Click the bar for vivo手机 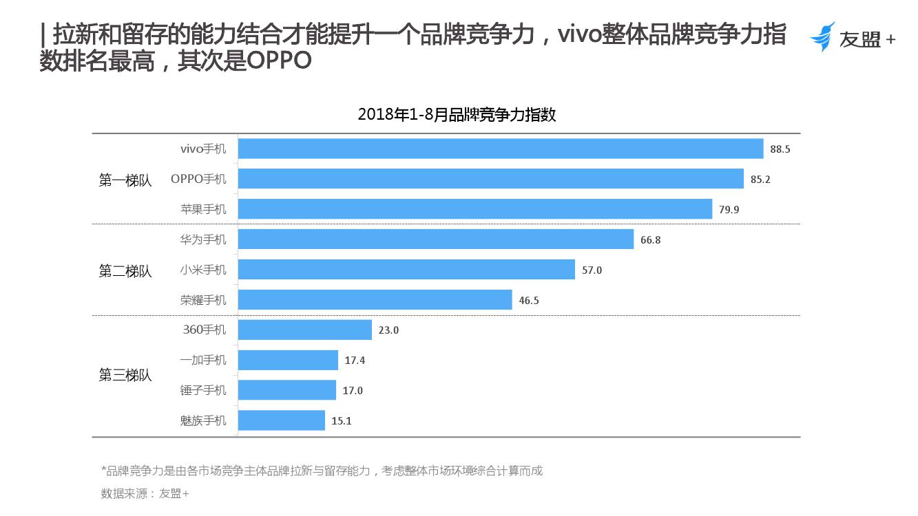click(x=501, y=149)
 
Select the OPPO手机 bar click(x=491, y=179)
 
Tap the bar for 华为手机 click(x=436, y=239)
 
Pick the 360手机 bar click(x=305, y=330)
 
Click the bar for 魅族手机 click(x=282, y=420)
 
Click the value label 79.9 click(x=729, y=209)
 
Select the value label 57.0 click(x=592, y=270)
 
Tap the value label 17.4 click(x=355, y=360)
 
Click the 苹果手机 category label click(x=203, y=209)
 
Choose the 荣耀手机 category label click(x=203, y=300)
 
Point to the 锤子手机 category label click(x=203, y=390)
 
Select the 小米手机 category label click(x=203, y=270)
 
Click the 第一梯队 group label click(x=125, y=180)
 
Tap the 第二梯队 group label click(x=125, y=271)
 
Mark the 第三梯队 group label click(x=125, y=376)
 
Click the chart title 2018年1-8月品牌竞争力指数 click(x=457, y=115)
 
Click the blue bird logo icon click(x=822, y=36)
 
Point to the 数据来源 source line click(x=145, y=493)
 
